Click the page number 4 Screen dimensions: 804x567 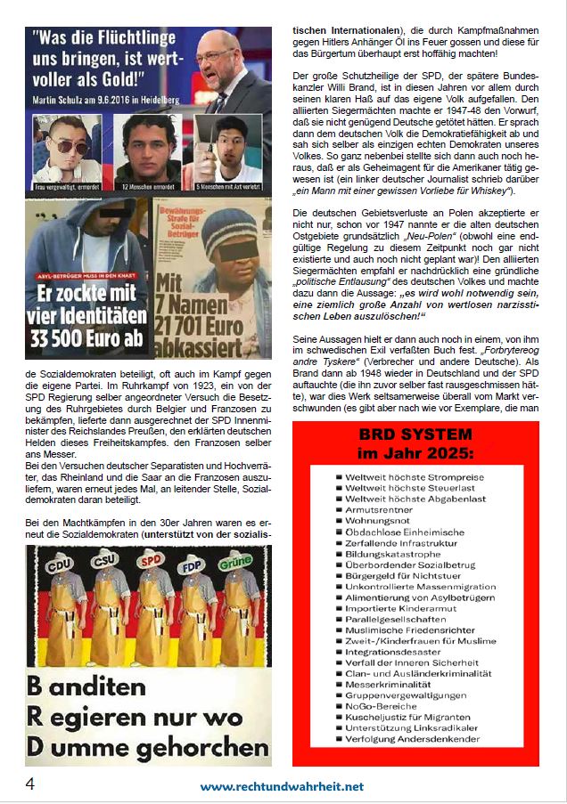click(x=30, y=785)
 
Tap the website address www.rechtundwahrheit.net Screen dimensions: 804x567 click(x=282, y=786)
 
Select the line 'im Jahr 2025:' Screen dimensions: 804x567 click(x=415, y=454)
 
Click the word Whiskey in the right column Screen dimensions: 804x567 click(x=511, y=191)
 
